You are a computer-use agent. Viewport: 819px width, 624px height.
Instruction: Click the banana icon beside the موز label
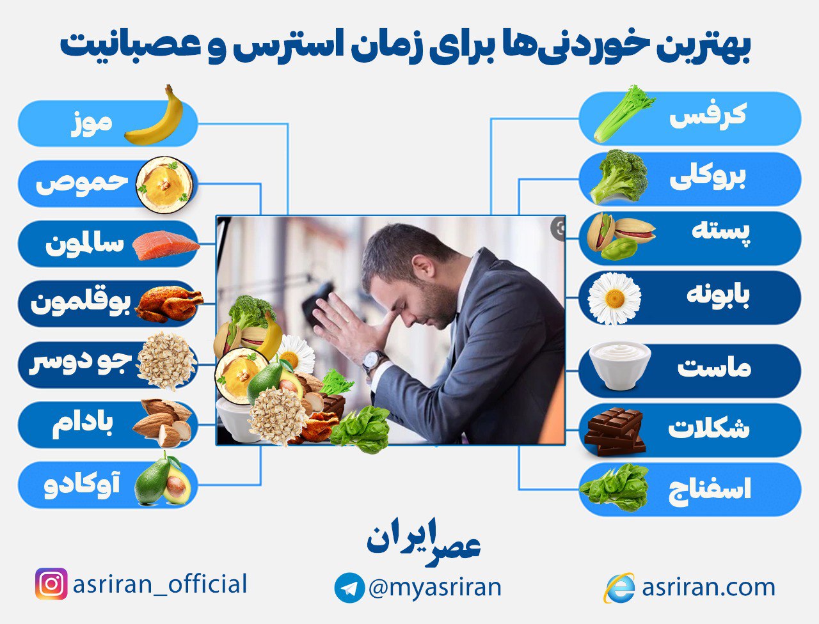tap(155, 117)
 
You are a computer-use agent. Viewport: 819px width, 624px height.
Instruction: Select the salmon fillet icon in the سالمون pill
tap(165, 246)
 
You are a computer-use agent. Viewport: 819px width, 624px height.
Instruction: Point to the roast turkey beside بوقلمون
tap(168, 304)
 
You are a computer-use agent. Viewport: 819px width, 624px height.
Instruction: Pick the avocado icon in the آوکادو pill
tap(163, 480)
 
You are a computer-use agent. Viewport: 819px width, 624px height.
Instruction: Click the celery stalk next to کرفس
tap(623, 114)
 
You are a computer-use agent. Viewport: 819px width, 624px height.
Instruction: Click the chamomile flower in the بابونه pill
tap(614, 298)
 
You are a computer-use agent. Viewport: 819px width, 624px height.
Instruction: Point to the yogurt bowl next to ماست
tap(619, 365)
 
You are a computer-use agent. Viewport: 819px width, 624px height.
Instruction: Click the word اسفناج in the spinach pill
tap(709, 490)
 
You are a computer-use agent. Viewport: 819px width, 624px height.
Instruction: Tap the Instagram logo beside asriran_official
tap(51, 584)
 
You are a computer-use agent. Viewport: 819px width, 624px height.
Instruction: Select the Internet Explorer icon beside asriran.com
tap(619, 588)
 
